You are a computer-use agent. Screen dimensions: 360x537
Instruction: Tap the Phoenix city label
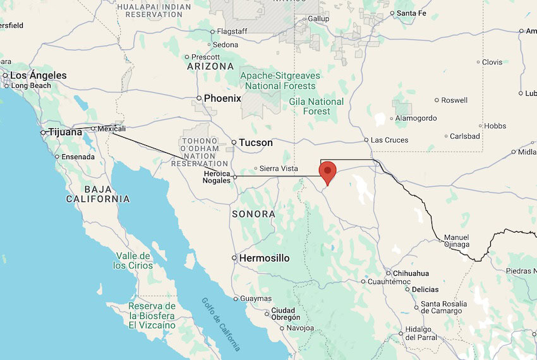pyautogui.click(x=222, y=99)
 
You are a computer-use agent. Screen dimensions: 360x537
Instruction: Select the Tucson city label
pyautogui.click(x=256, y=143)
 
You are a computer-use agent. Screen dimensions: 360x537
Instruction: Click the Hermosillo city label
pyautogui.click(x=265, y=258)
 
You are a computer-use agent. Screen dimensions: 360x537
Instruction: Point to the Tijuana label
pyautogui.click(x=66, y=133)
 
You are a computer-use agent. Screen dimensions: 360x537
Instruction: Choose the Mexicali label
pyautogui.click(x=112, y=128)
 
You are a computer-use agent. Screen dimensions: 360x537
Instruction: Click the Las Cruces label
pyautogui.click(x=389, y=140)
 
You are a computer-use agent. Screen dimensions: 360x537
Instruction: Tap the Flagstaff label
pyautogui.click(x=232, y=31)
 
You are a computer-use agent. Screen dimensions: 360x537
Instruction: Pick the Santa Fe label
pyautogui.click(x=412, y=13)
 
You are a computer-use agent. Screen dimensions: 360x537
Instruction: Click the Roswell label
pyautogui.click(x=454, y=100)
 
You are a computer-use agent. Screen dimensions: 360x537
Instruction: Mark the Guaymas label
pyautogui.click(x=256, y=299)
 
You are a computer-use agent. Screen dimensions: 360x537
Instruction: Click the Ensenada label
pyautogui.click(x=78, y=157)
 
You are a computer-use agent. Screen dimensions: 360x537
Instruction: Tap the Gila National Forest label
pyautogui.click(x=317, y=106)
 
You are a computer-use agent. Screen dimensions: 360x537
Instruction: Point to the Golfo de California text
pyautogui.click(x=222, y=323)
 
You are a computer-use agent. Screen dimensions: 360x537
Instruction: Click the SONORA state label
pyautogui.click(x=253, y=214)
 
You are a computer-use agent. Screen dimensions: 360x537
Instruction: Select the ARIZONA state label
pyautogui.click(x=210, y=66)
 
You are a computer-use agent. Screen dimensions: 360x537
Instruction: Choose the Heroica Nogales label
pyautogui.click(x=217, y=177)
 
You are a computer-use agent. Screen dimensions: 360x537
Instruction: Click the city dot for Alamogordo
pyautogui.click(x=392, y=118)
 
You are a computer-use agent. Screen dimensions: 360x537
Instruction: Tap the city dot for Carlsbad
pyautogui.click(x=446, y=136)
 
